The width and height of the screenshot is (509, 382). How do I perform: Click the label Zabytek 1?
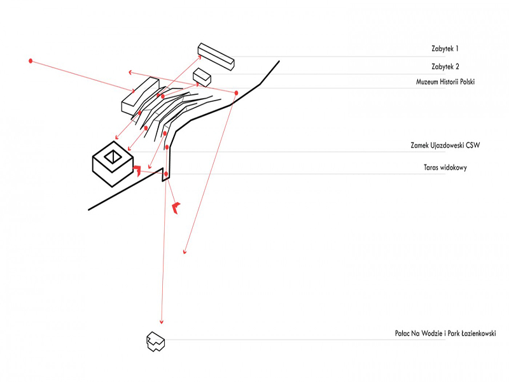click(445, 48)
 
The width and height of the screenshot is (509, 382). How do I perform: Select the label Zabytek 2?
click(445, 66)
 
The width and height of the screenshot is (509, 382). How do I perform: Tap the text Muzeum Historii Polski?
click(445, 82)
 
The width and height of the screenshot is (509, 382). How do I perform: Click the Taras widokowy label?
click(445, 168)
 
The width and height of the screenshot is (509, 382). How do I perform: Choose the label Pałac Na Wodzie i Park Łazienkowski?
click(445, 333)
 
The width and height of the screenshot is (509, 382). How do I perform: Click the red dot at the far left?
click(30, 60)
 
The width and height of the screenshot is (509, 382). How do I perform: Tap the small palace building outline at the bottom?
click(156, 342)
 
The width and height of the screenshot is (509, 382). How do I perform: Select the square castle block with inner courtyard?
click(113, 164)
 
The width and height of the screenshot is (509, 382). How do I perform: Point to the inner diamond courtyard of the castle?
click(113, 157)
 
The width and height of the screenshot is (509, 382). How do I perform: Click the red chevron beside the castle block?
click(137, 170)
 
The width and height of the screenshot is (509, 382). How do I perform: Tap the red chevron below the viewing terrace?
click(176, 207)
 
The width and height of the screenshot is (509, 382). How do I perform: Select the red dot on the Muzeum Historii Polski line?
click(236, 93)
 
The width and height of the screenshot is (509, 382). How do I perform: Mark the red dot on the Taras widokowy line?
click(166, 174)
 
